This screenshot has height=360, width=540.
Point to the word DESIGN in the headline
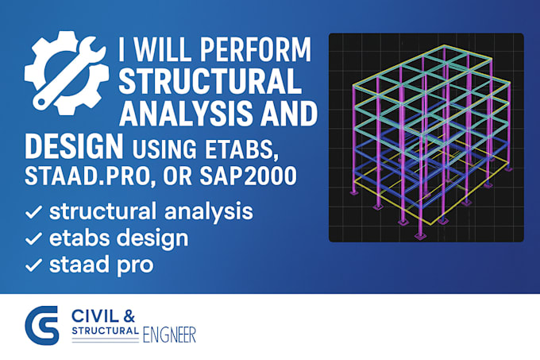coord(73,148)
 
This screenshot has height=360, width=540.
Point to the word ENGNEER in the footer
coord(169,335)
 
